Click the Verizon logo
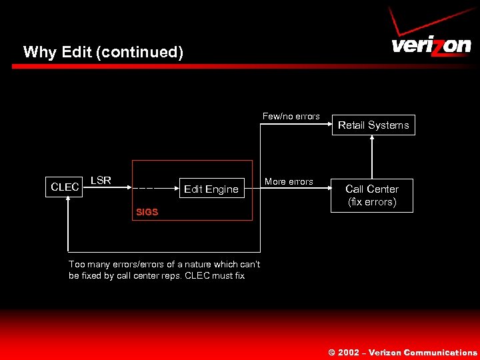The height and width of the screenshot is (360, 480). coord(431,45)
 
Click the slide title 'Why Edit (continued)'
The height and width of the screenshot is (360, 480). coord(103,52)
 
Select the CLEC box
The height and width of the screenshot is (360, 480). coord(65,187)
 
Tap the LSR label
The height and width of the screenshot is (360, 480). coord(101,180)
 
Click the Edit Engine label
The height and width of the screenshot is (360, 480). coord(211,189)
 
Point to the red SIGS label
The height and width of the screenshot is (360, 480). coord(147,212)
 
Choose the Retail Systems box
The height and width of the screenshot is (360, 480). coord(373,125)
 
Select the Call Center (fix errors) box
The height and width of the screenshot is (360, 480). coord(371,195)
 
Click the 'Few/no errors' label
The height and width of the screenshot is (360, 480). coord(291,116)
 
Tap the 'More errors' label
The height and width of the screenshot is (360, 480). coord(289,181)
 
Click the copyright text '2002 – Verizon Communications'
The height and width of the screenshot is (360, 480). coord(407,353)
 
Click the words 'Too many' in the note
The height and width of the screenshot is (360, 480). coord(86,264)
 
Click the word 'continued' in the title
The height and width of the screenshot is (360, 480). coord(139,52)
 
